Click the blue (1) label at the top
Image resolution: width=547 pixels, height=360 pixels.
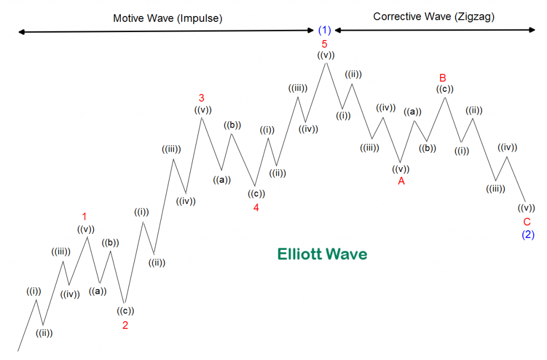(325, 30)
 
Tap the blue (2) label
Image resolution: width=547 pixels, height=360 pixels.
(528, 234)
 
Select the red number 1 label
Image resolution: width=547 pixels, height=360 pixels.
(84, 216)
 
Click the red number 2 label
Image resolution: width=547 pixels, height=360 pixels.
(125, 325)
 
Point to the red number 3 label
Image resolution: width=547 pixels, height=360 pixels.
(201, 98)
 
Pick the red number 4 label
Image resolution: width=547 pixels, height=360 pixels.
(256, 208)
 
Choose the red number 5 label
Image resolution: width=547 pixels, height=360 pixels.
(324, 44)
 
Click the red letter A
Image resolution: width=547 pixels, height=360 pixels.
(401, 182)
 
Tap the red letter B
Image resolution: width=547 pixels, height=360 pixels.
(443, 78)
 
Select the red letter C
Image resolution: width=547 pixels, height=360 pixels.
(527, 222)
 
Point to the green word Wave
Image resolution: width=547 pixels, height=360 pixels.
(347, 254)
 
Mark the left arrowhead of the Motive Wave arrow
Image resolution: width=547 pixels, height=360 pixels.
(20, 32)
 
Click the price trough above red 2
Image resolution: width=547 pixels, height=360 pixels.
(124, 303)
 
